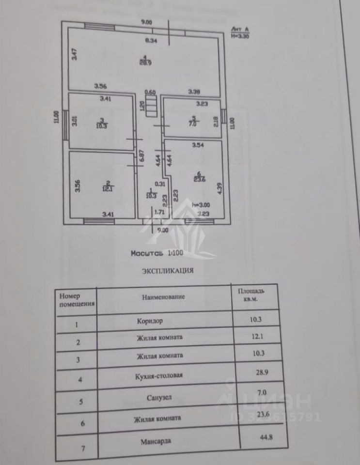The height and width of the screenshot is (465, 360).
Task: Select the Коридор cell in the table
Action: click(150, 321)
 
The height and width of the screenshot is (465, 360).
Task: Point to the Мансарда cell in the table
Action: click(156, 441)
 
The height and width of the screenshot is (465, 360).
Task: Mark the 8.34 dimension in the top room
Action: click(152, 41)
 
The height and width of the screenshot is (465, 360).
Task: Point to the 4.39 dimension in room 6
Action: click(219, 187)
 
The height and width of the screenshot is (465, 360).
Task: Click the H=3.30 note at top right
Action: click(240, 35)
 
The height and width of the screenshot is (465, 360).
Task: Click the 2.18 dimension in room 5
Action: click(216, 120)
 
